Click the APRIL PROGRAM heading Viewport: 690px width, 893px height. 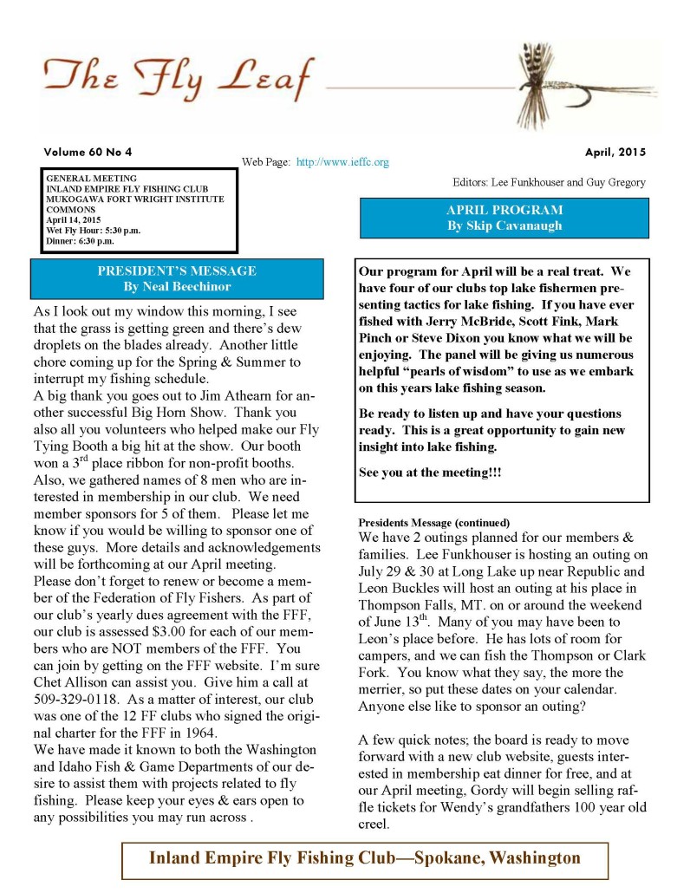click(x=504, y=210)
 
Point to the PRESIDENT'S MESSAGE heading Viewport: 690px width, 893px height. click(x=177, y=271)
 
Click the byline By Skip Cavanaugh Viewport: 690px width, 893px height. click(x=504, y=225)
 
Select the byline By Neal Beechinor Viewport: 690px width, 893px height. click(x=177, y=285)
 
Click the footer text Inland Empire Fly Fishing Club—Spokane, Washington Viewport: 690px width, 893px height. click(x=365, y=858)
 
